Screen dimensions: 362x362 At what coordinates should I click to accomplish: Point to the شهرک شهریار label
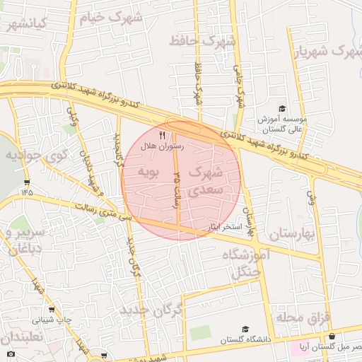tap(332, 52)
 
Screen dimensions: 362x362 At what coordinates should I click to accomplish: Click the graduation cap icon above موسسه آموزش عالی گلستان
tap(282, 109)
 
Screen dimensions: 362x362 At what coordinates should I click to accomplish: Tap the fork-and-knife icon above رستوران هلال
tap(162, 135)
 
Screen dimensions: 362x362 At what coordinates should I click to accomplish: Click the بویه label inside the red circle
tap(150, 172)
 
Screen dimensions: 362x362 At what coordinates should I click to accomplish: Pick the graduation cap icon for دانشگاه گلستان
tap(245, 329)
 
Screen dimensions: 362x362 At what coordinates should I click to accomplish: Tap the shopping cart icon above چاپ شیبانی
tap(52, 310)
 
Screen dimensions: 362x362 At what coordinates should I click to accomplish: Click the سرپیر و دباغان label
tap(21, 240)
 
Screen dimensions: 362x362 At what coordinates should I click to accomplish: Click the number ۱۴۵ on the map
tap(27, 190)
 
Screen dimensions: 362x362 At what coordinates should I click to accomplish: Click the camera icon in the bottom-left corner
tap(10, 354)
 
